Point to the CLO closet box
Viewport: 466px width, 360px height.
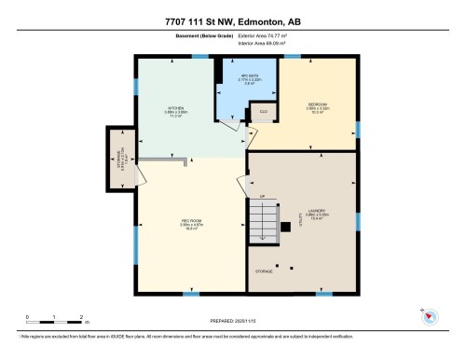click(264, 113)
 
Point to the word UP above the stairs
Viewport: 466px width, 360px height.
click(263, 196)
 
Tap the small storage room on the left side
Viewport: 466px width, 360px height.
click(119, 156)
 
